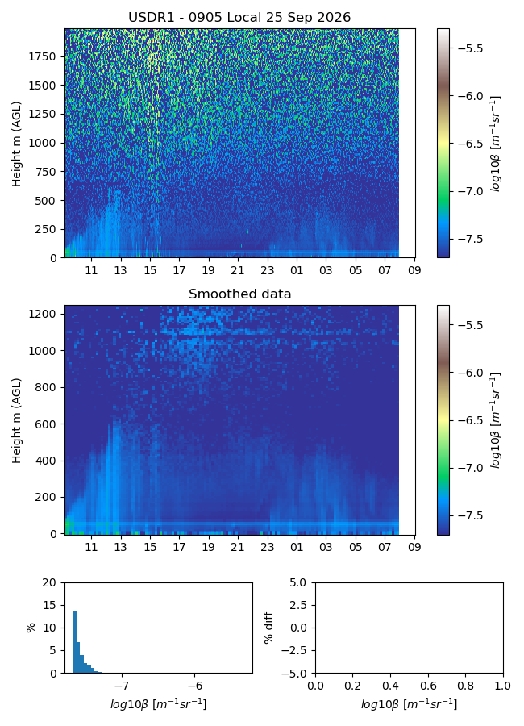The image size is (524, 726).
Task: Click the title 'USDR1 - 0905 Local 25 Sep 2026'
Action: (x=239, y=18)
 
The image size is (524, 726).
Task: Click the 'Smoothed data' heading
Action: (x=239, y=294)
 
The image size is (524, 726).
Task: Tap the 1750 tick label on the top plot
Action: (x=42, y=56)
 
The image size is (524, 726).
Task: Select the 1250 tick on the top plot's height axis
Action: (x=42, y=114)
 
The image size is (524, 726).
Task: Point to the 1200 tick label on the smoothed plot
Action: (x=42, y=314)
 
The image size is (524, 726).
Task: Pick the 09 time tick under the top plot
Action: (x=414, y=270)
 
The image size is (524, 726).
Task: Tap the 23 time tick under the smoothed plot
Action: (x=267, y=547)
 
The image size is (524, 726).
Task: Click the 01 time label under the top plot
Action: (x=297, y=270)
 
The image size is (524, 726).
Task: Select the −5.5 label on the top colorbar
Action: (x=470, y=48)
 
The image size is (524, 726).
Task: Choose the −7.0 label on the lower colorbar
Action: (x=470, y=468)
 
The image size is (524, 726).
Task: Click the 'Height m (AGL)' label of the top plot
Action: (x=17, y=144)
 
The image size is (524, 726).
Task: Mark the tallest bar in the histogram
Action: (x=74, y=642)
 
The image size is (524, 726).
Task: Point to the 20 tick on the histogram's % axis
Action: (x=49, y=583)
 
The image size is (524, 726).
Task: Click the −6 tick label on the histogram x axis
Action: (x=195, y=685)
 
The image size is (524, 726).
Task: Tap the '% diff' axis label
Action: (x=268, y=628)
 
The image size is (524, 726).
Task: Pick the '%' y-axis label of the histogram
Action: (x=31, y=628)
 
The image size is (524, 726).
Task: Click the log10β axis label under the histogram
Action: (x=158, y=704)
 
